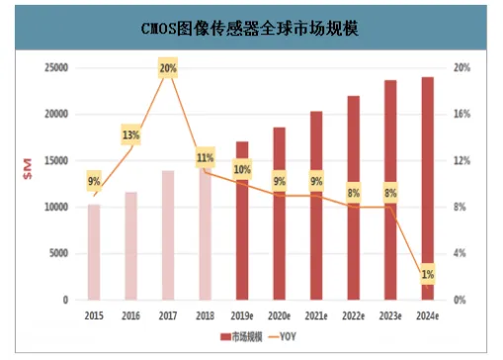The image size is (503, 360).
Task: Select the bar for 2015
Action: point(94,252)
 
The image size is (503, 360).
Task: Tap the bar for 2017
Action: point(167,235)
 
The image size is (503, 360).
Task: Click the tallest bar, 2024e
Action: point(426,188)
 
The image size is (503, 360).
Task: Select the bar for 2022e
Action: point(353,198)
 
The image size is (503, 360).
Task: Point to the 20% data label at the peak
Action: point(167,68)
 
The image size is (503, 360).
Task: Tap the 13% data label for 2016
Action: point(130,135)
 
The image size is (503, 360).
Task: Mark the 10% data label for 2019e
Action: point(242,170)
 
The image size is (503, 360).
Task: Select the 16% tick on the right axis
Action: point(461,114)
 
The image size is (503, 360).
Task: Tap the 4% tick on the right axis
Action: point(458,253)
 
